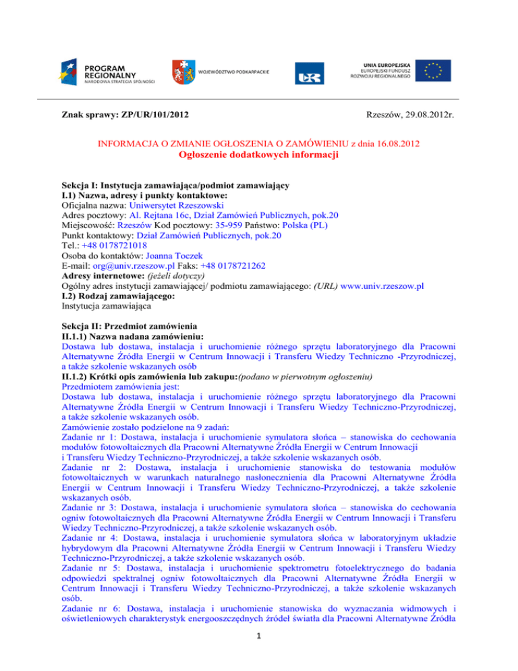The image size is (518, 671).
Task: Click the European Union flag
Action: pos(432,70)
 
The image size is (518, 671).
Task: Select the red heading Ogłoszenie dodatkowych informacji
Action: pos(259,155)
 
